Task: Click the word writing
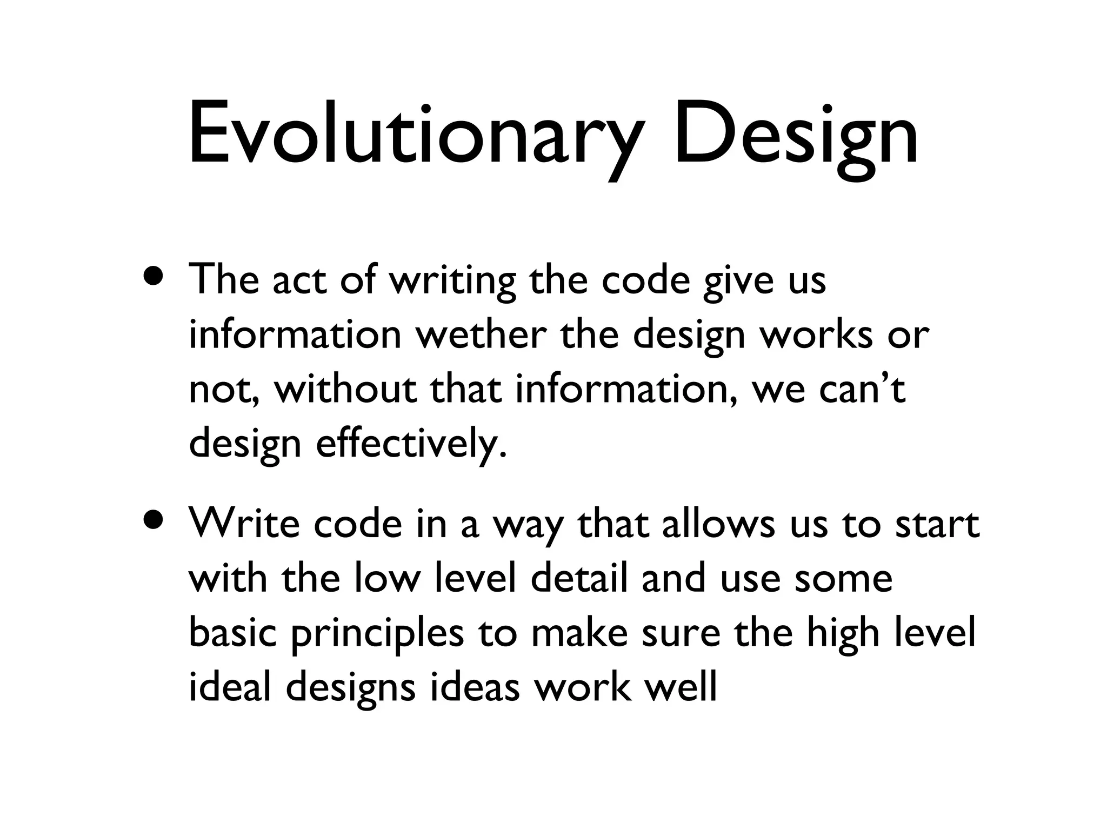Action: [x=452, y=281]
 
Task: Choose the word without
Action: [x=345, y=389]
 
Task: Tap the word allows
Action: [x=718, y=524]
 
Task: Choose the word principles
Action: [x=377, y=633]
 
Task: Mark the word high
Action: [x=844, y=633]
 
